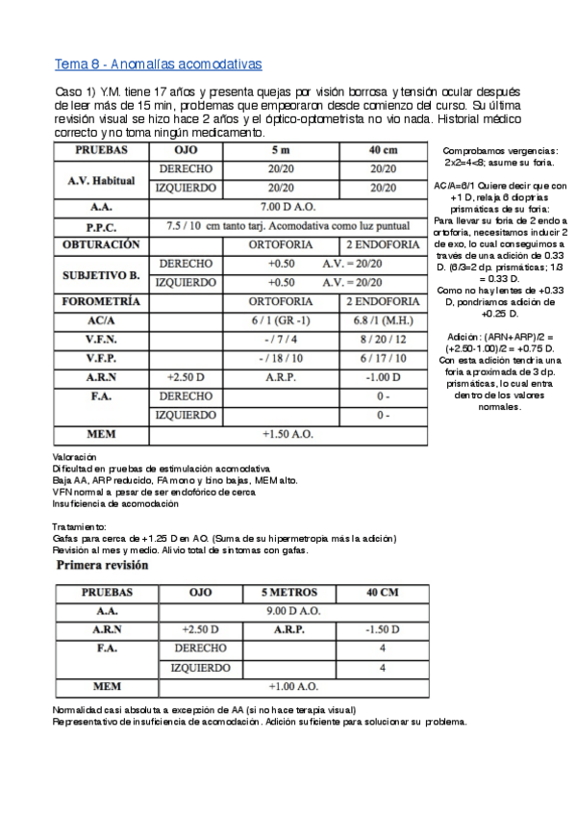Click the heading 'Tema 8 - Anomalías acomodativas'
pos(160,64)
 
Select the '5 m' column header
pos(281,151)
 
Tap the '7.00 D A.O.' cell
pos(287,207)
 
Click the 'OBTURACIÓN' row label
pos(101,244)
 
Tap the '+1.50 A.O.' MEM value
pos(287,434)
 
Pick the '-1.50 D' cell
pos(382,629)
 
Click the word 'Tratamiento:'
pos(80,526)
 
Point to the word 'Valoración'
pos(75,456)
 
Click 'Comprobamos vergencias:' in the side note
pos(500,151)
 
